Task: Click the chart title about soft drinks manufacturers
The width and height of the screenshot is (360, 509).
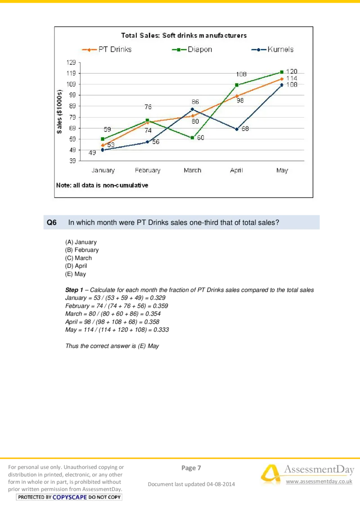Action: click(184, 35)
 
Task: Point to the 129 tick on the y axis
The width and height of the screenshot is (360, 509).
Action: click(72, 63)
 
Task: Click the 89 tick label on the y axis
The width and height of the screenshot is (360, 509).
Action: click(72, 106)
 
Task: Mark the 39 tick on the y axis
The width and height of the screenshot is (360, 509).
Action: click(72, 161)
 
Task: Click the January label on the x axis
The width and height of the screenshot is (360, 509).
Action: click(103, 170)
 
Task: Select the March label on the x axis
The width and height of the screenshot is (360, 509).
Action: click(192, 170)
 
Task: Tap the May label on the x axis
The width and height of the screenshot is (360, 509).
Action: click(282, 170)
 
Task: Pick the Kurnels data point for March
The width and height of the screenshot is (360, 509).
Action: click(192, 109)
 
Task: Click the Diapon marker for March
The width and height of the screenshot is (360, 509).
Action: click(192, 138)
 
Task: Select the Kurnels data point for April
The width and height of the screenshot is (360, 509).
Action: click(237, 129)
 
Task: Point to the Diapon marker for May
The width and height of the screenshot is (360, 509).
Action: click(282, 72)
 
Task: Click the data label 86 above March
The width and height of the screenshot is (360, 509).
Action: click(195, 102)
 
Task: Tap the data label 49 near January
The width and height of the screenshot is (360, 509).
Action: click(92, 153)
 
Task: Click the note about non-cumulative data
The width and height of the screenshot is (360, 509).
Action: click(102, 185)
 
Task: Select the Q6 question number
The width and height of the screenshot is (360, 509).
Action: click(52, 222)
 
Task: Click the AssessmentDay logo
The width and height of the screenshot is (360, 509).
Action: click(307, 475)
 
